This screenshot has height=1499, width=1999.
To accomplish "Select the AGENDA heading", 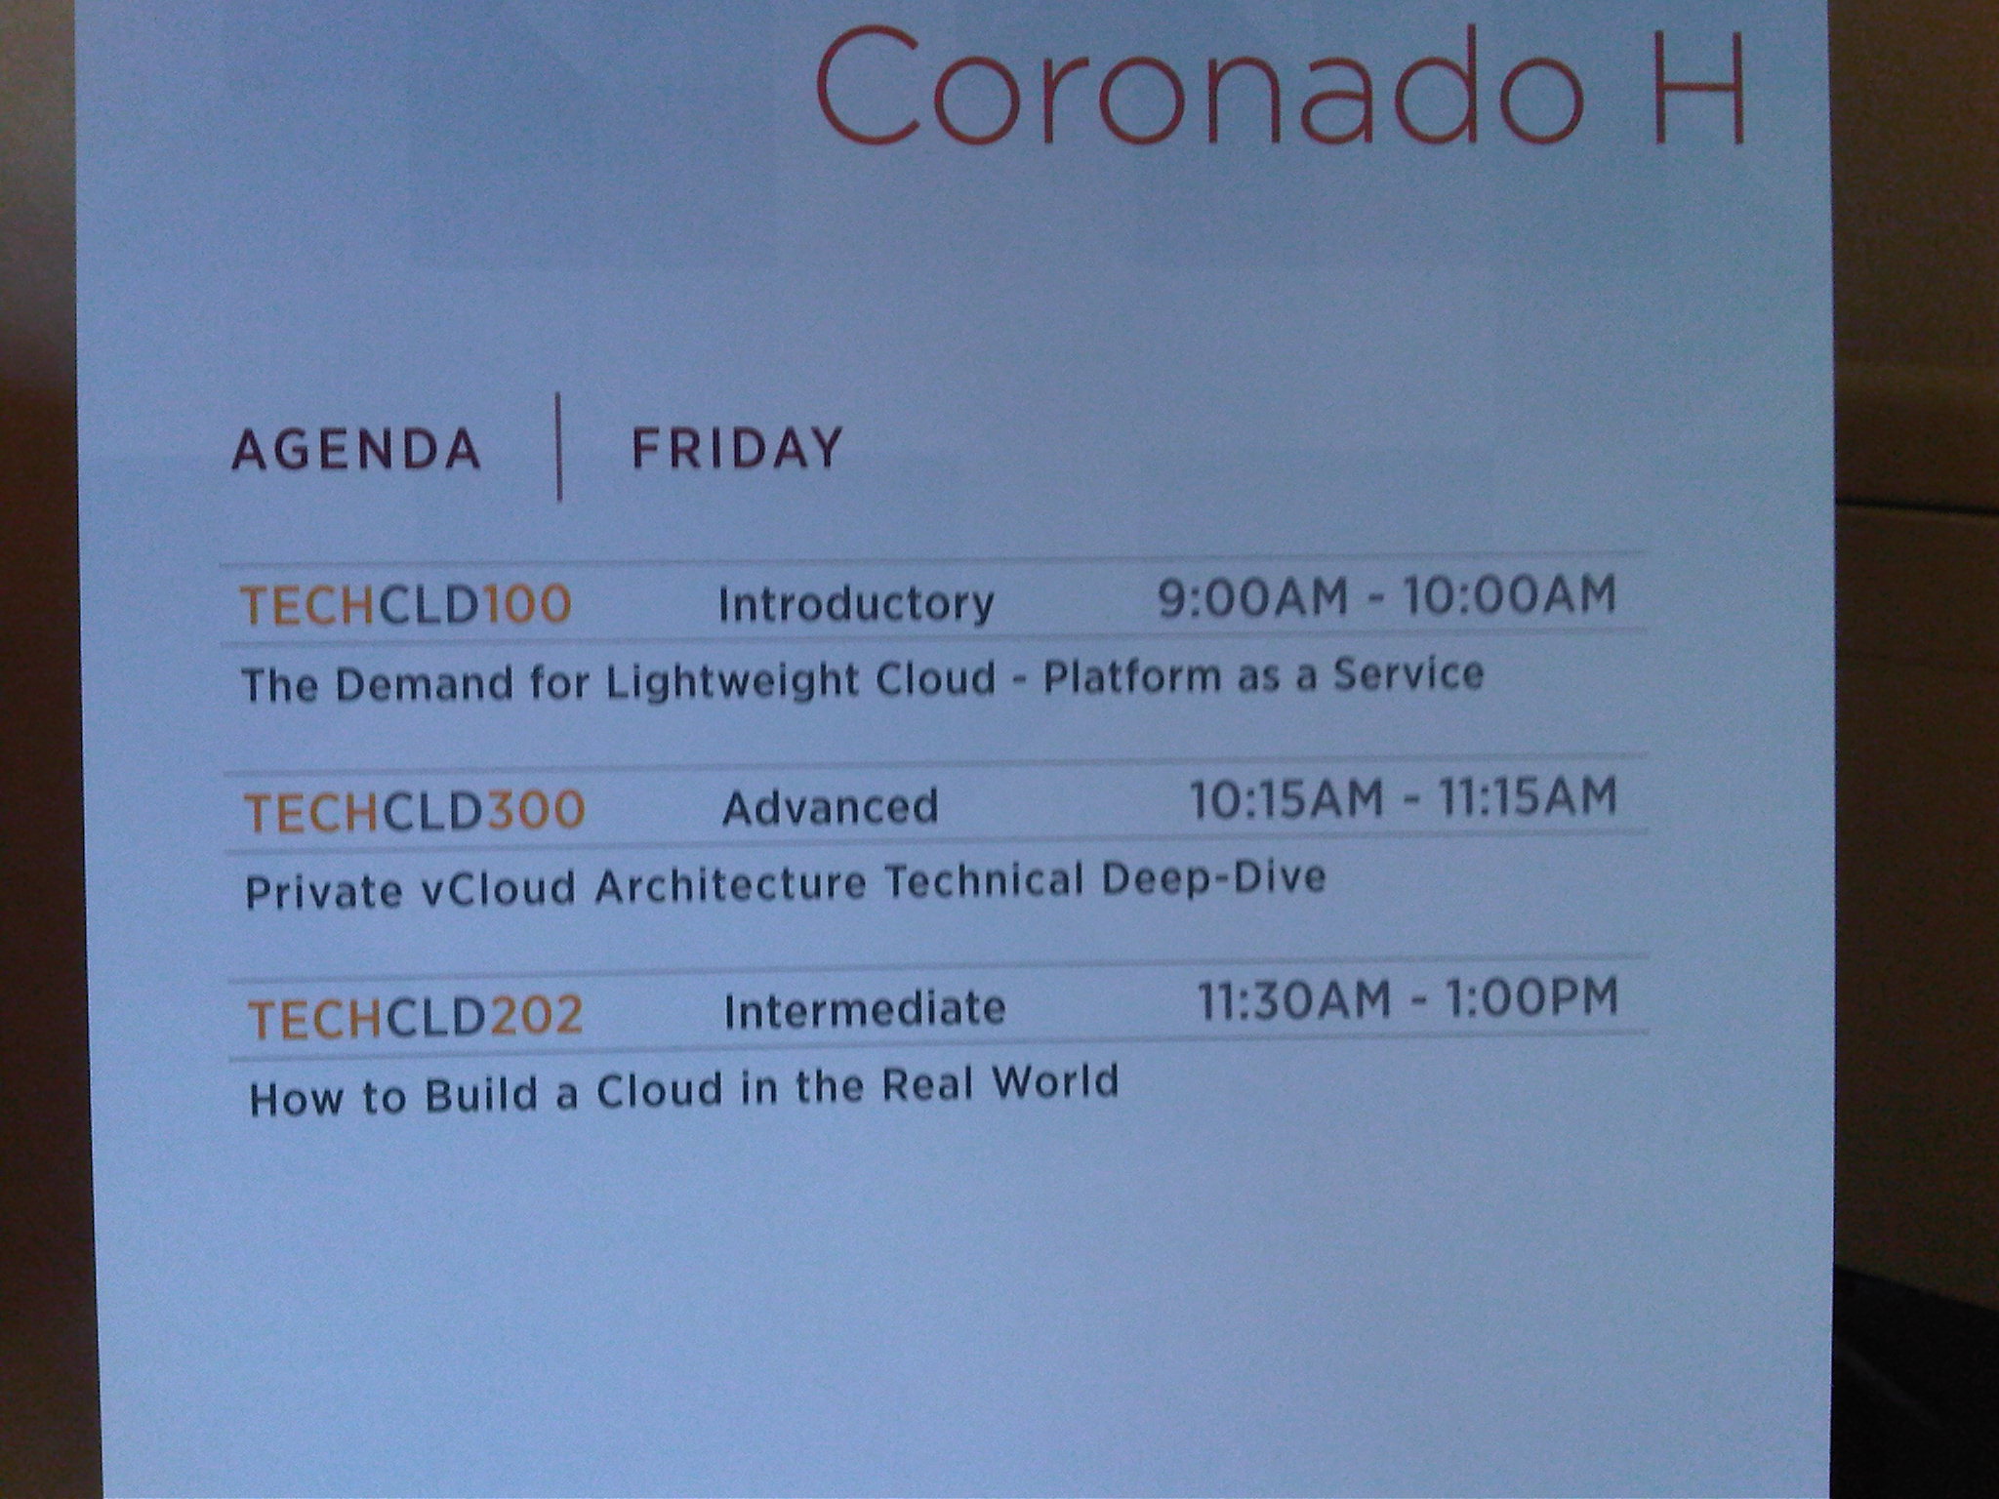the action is click(x=356, y=451).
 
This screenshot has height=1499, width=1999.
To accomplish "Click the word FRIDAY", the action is click(x=737, y=449).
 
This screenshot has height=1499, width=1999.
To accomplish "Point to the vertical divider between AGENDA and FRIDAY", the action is click(x=559, y=447).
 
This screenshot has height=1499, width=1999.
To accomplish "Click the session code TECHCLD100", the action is click(x=406, y=605).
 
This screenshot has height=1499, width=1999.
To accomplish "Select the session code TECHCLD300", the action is click(x=414, y=811).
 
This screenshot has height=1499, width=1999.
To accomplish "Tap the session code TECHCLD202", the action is click(x=416, y=1017).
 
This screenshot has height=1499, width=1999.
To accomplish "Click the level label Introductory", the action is click(x=856, y=603).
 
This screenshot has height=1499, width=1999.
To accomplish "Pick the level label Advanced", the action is click(x=831, y=807).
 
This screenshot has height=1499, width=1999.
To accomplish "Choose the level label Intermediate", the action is click(x=865, y=1010).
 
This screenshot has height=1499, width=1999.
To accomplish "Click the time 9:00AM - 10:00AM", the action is click(x=1387, y=595).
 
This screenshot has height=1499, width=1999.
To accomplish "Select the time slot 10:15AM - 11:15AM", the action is click(x=1404, y=797).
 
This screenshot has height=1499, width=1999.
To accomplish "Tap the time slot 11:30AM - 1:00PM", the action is click(x=1407, y=999).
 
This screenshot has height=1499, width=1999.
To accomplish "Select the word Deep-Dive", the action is click(x=1213, y=878).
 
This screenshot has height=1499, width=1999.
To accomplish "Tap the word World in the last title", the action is click(x=1055, y=1082).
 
